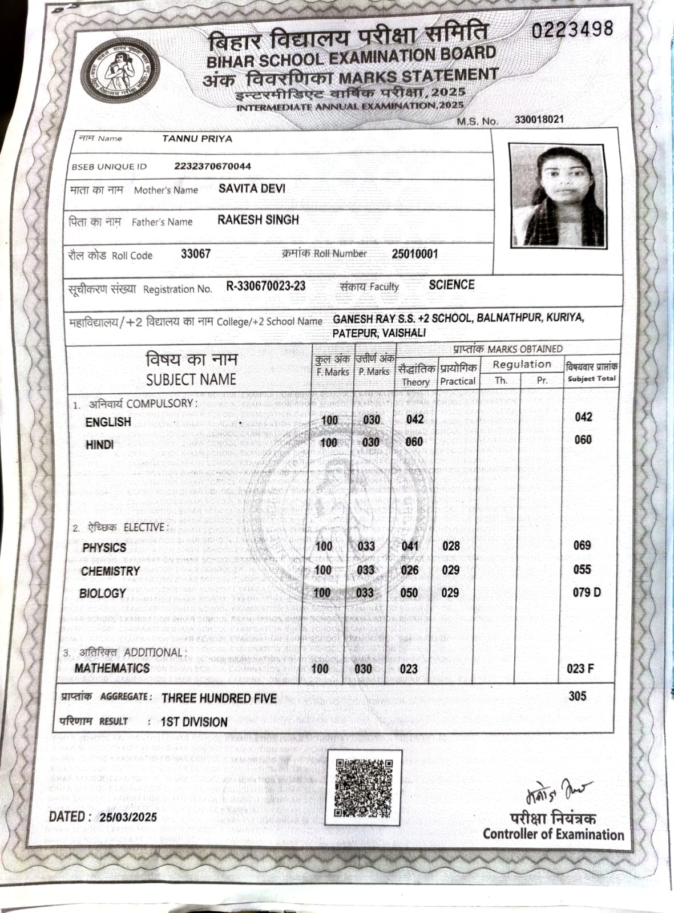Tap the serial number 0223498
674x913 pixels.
tap(572, 29)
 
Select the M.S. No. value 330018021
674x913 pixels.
tap(539, 119)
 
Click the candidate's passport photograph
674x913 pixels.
tap(557, 195)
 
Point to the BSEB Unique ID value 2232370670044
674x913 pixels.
tap(212, 166)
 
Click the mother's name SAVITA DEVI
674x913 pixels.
tap(252, 188)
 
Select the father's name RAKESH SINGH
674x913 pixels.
tap(258, 220)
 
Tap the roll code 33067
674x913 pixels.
tap(196, 254)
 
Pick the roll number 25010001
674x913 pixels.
tap(415, 253)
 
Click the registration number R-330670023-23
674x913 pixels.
tap(266, 286)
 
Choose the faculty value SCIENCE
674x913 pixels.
tap(451, 285)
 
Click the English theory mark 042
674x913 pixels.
tap(415, 419)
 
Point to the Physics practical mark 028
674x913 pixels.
tap(451, 546)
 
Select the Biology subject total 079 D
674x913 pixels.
tap(587, 592)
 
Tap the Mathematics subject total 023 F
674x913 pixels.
tap(580, 668)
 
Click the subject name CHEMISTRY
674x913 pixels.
tap(110, 571)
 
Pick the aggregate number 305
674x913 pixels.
tap(577, 696)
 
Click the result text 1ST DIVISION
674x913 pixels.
tap(194, 722)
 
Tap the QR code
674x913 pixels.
tap(364, 787)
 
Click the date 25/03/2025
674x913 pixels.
tap(128, 817)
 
